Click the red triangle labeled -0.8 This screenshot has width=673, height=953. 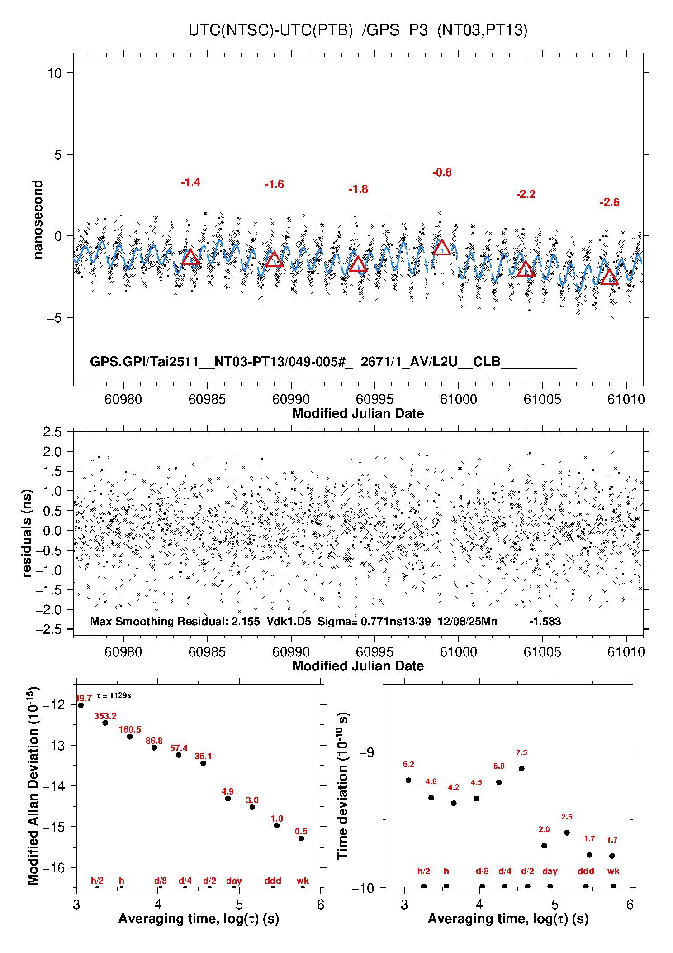[442, 247]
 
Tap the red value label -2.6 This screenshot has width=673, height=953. [609, 202]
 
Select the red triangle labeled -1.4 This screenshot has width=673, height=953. [190, 257]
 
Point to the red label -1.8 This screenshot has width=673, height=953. [358, 189]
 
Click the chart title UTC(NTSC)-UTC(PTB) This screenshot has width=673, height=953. [270, 30]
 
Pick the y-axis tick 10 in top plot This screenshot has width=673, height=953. [54, 73]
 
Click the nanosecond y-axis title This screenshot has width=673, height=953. [38, 220]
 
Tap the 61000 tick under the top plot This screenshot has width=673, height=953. [458, 399]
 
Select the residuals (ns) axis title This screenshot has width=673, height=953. [27, 533]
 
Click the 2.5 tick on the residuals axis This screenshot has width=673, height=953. [52, 432]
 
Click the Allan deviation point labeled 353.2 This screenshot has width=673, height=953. [105, 723]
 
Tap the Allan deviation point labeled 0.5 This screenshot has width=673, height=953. [301, 838]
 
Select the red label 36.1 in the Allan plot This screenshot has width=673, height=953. [203, 756]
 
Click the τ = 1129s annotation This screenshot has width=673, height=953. [114, 695]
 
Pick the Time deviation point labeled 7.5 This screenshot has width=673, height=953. [521, 769]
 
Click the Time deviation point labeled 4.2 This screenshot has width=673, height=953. [454, 803]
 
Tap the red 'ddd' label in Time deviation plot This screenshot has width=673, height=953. [586, 871]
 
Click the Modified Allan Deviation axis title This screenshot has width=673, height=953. [33, 785]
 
